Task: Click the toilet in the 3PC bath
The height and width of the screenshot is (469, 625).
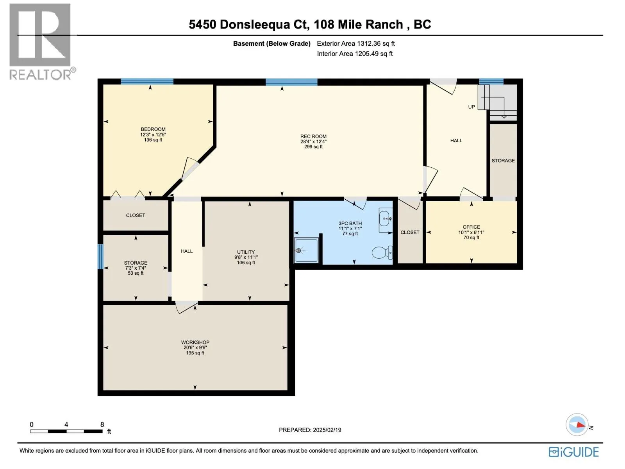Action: pos(382,252)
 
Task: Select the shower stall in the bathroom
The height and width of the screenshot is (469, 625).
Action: pos(306,250)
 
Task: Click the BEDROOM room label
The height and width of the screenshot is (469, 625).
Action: pos(153,129)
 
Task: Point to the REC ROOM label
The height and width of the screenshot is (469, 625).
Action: pos(313,136)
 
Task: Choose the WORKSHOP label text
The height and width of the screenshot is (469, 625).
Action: pos(195,342)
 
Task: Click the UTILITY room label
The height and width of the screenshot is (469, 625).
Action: pos(246,252)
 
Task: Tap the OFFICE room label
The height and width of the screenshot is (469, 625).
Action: pos(471,227)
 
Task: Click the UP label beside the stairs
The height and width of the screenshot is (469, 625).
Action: pos(471,107)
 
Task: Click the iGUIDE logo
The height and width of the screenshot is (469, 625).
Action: pos(573,452)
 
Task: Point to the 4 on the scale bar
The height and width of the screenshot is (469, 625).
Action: pos(66,424)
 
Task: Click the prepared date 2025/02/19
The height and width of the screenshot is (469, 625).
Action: pos(327,430)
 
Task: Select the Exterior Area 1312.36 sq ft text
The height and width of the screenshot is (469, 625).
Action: pos(355,43)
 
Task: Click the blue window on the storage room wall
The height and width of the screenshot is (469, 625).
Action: pos(100,256)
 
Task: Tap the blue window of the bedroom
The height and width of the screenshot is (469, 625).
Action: pos(147,81)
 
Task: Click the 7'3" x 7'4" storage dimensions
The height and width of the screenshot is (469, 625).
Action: pos(136,268)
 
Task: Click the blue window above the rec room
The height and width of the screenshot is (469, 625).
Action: pos(291,82)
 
